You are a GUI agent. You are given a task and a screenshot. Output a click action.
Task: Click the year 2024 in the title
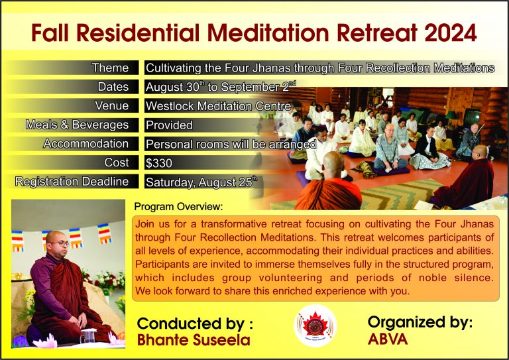point(450,32)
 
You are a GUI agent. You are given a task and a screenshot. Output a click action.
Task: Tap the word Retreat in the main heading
point(377,32)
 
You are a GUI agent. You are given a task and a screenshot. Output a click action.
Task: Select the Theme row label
point(110,68)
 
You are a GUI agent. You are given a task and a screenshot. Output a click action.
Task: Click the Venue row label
point(111,106)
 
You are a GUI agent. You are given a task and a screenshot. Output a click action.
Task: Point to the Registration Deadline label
point(72,182)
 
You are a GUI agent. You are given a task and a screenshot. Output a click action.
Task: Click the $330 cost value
point(159,163)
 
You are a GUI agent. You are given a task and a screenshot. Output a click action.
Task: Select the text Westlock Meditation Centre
point(218,106)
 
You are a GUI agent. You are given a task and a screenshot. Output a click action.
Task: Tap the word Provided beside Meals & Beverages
point(169,125)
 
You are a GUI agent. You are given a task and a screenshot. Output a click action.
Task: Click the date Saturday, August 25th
point(201,182)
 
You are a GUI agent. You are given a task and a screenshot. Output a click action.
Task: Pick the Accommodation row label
point(85,144)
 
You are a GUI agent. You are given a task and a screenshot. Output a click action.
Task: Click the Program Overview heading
point(178,206)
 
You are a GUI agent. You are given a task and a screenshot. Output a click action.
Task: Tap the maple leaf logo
point(315,326)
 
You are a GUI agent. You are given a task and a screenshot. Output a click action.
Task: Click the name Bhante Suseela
point(194,340)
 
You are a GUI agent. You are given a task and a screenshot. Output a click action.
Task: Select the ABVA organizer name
point(388,339)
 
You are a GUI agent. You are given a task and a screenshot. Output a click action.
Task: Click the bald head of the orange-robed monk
point(333,164)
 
